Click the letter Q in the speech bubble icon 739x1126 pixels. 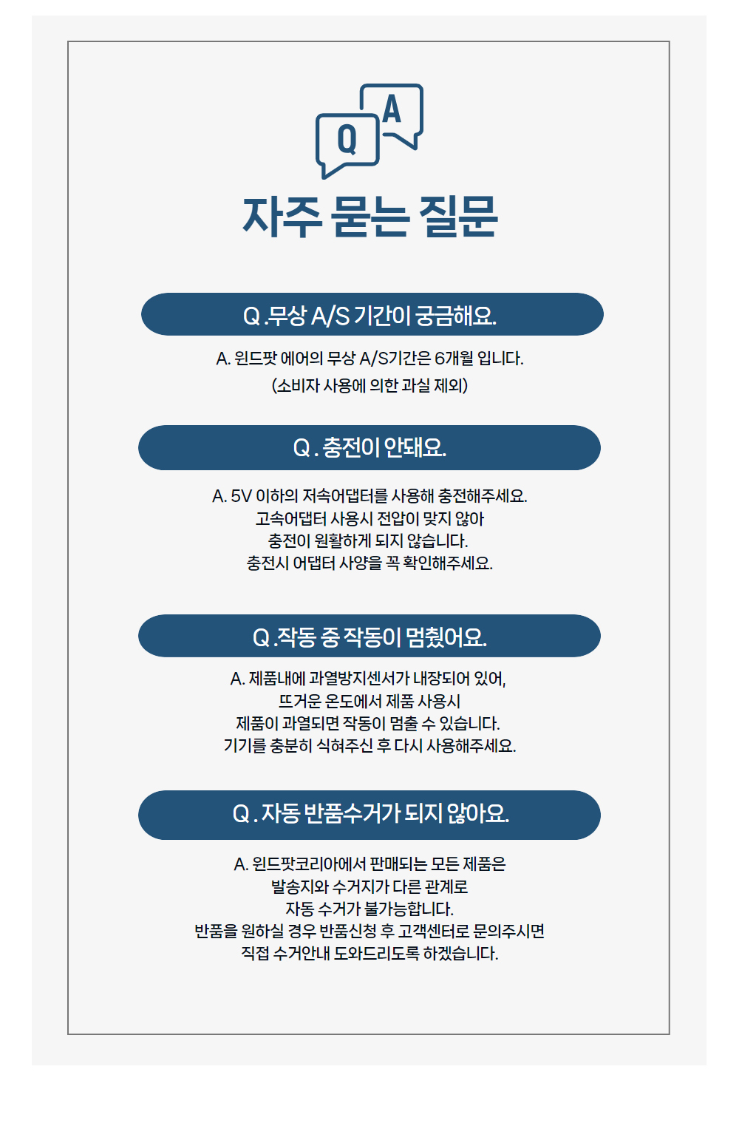[x=347, y=139]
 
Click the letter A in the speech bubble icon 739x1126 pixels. [x=392, y=109]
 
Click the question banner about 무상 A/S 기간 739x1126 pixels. [x=372, y=315]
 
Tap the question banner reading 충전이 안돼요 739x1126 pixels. [x=369, y=447]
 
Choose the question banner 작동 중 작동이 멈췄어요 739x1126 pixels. [x=369, y=636]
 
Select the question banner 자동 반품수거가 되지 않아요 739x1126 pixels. [x=369, y=814]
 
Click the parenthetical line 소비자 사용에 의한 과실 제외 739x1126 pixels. [x=369, y=385]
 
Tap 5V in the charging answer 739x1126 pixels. [x=241, y=496]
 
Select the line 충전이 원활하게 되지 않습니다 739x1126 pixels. [x=368, y=541]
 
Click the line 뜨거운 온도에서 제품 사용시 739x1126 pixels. [x=369, y=701]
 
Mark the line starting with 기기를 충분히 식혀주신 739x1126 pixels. [x=369, y=745]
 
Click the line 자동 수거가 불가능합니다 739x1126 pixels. [x=369, y=909]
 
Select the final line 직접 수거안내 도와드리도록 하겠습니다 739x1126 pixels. [x=369, y=953]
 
